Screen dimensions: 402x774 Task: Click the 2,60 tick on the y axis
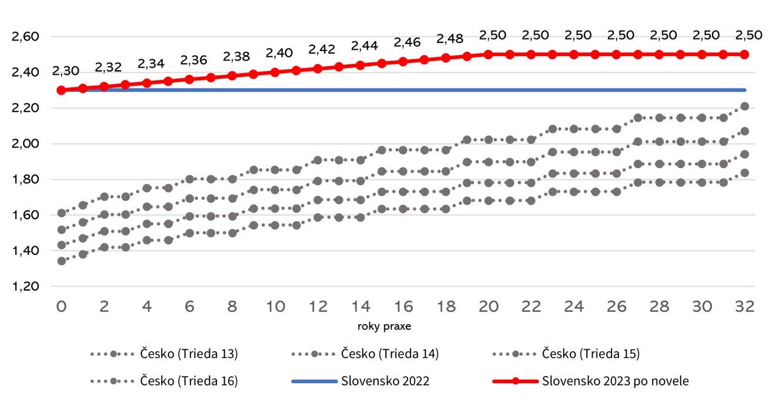25,37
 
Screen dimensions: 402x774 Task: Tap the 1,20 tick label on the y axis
25,287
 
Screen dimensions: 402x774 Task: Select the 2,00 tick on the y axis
25,144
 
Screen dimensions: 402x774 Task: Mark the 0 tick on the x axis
61,306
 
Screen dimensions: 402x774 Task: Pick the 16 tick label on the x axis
402,306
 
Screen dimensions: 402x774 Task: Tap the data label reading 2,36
193,60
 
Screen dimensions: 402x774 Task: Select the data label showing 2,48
450,39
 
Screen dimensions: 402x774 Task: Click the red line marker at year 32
744,54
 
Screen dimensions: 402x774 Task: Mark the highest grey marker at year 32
744,106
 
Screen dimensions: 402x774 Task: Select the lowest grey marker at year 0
61,261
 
